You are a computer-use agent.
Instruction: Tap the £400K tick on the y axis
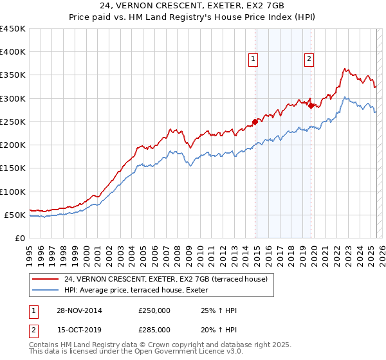point(13,52)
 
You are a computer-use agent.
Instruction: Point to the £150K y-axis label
point(13,168)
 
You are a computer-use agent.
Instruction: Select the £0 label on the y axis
point(21,238)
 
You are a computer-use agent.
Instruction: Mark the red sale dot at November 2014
point(255,122)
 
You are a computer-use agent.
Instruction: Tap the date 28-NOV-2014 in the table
point(79,310)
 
